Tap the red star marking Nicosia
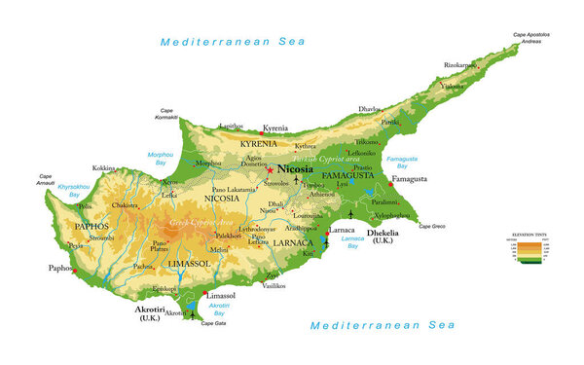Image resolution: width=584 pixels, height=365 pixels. pos(271,171)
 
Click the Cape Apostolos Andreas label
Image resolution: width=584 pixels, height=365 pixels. pos(531,38)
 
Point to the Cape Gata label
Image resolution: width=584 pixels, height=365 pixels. pos(213,323)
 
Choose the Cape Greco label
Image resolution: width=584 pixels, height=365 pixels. pos(432,226)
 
